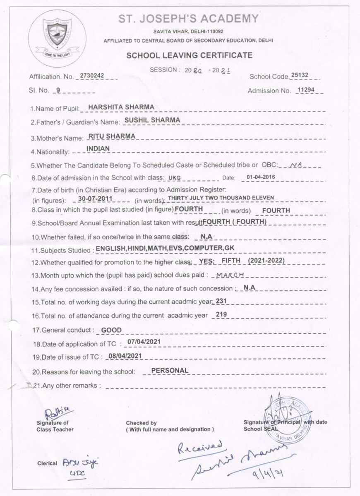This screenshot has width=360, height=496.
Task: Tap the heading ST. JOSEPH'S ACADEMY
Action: click(189, 19)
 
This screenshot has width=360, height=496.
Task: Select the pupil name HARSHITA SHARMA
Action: click(121, 107)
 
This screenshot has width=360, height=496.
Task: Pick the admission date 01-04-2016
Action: click(260, 177)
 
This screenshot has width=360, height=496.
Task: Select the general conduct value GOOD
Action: click(111, 330)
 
